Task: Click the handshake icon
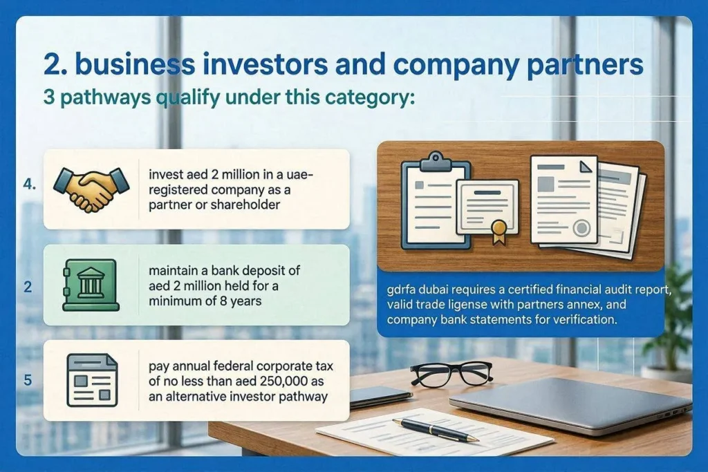(91, 189)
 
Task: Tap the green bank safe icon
(91, 285)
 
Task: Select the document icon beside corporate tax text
(92, 380)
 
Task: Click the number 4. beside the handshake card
(29, 184)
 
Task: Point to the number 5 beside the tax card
(28, 380)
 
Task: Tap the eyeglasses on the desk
(451, 373)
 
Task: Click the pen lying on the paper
(436, 430)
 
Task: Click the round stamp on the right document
(581, 228)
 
